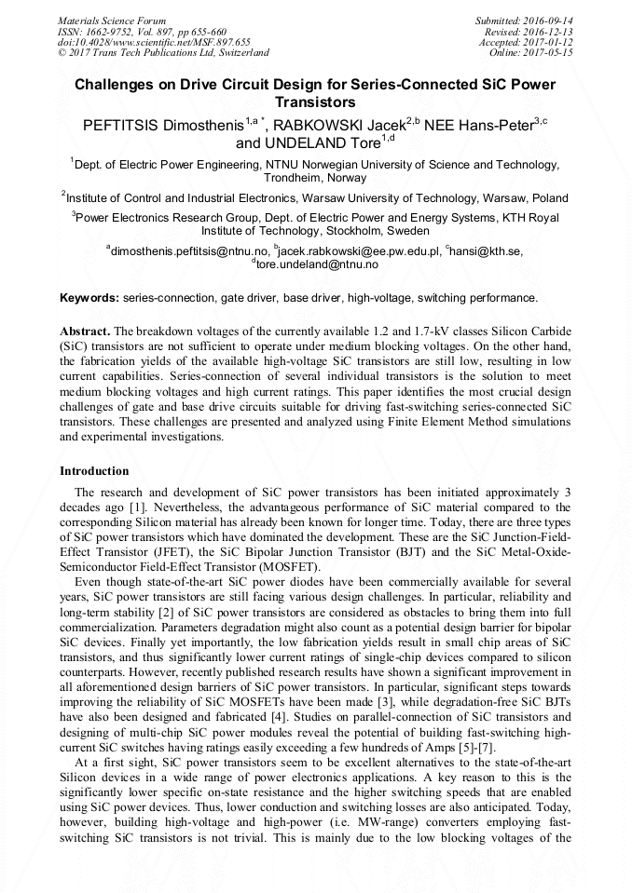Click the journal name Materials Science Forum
(x=112, y=20)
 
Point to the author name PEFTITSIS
(x=121, y=124)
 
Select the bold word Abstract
(x=85, y=331)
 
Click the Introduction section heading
(x=94, y=471)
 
